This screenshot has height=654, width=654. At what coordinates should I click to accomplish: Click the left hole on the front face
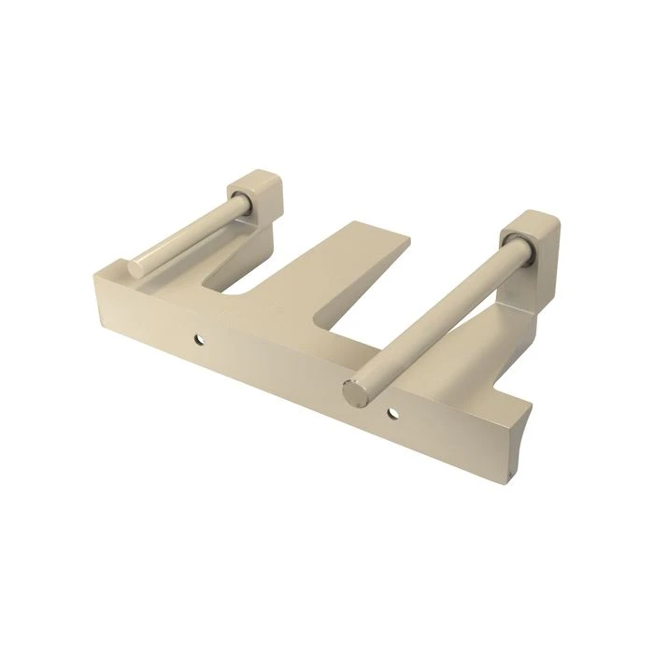point(197,340)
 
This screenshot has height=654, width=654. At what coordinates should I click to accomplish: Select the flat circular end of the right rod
point(356,392)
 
